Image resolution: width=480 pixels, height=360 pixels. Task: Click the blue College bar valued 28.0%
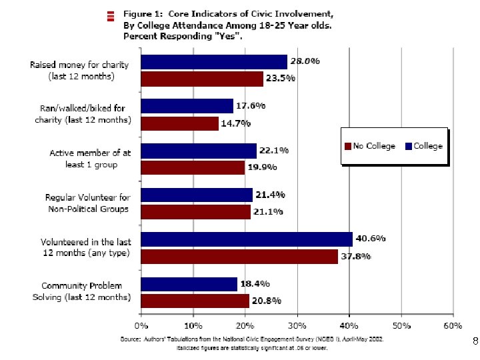[x=214, y=62]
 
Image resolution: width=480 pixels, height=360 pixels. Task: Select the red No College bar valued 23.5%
[x=202, y=79]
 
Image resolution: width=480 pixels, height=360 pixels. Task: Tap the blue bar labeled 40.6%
[x=247, y=239]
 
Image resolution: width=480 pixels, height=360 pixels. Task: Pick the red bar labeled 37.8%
[x=239, y=256]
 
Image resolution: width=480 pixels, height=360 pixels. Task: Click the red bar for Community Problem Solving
[x=195, y=301]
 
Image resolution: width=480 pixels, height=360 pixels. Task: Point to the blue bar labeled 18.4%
[x=189, y=284]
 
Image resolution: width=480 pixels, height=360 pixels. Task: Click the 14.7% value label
[x=237, y=123]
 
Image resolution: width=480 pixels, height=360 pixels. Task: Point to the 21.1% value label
[x=269, y=211]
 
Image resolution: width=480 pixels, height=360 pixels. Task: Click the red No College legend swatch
[x=347, y=146]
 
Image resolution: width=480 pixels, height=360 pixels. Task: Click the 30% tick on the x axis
[x=297, y=326]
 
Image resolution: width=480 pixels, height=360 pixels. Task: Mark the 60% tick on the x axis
[x=453, y=326]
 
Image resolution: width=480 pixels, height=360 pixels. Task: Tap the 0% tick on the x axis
[x=141, y=326]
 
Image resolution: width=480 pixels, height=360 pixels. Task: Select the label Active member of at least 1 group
[x=91, y=159]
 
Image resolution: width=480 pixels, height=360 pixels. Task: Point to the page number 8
[x=475, y=341]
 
